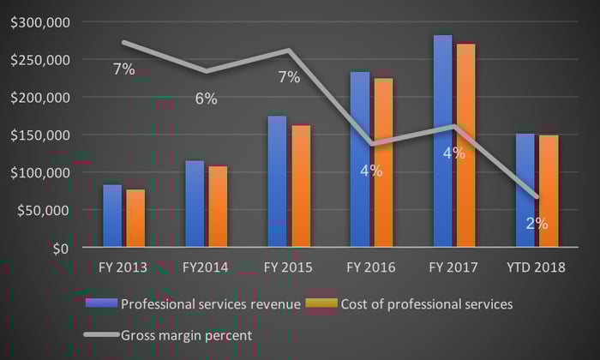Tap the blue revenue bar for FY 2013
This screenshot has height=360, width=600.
[112, 216]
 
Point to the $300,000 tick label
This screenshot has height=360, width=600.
[40, 22]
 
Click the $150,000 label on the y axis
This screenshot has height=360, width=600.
[40, 135]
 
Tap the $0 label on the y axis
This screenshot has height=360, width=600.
[59, 249]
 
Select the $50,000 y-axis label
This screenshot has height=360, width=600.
[44, 211]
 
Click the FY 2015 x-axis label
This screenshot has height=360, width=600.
[288, 268]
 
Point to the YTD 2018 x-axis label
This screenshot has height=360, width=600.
[537, 268]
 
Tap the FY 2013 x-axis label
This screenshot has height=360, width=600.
[123, 268]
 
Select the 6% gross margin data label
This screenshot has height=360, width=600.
[206, 99]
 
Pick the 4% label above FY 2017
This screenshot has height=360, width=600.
[454, 153]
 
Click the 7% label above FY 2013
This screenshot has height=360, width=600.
[123, 69]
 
